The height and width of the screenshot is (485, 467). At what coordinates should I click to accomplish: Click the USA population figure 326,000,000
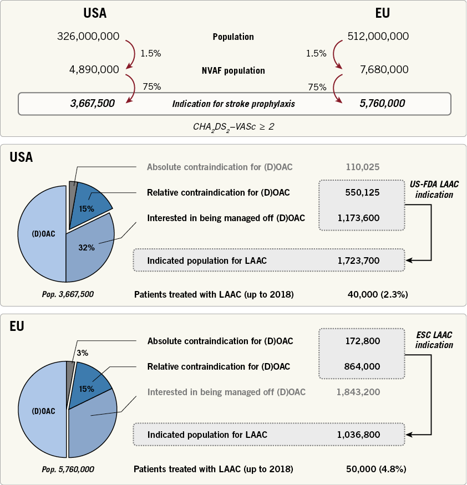88,37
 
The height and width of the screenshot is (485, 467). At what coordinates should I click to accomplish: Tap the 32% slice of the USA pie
89,244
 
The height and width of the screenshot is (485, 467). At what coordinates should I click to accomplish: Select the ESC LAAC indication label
434,340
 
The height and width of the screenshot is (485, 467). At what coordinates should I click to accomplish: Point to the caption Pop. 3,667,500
68,294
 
